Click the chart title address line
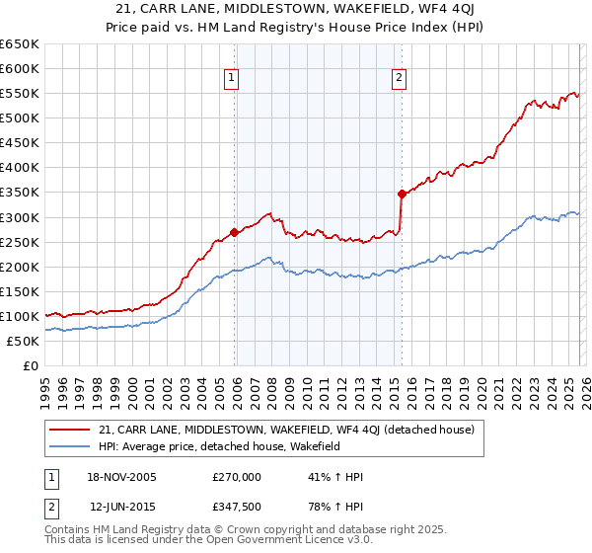(296, 9)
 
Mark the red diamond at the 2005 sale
(234, 233)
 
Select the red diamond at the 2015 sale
(402, 194)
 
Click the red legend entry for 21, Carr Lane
(287, 430)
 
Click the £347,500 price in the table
(237, 507)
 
